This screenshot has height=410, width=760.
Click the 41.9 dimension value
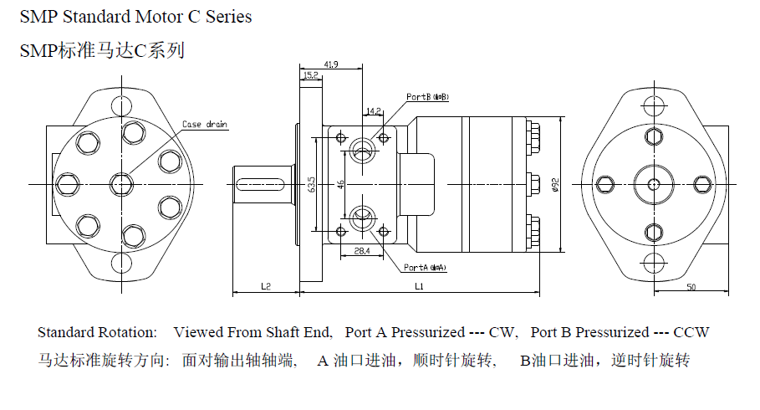pos(331,64)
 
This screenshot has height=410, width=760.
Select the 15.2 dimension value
pos(310,75)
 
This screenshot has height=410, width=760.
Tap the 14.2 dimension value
pos(373,110)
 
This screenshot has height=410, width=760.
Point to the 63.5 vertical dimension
pos(311,183)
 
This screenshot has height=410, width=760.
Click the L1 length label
pos(419,286)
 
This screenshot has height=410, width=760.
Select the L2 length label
pos(265,286)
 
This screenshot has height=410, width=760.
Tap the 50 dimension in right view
pos(691,286)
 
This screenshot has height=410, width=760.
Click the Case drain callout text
pos(205,125)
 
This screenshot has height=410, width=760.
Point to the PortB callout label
pos(427,97)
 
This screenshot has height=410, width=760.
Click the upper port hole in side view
pos(362,149)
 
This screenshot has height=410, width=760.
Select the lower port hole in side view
pos(362,219)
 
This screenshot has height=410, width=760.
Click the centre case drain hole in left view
pos(122,183)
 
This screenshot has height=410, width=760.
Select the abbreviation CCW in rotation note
pos(691,332)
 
